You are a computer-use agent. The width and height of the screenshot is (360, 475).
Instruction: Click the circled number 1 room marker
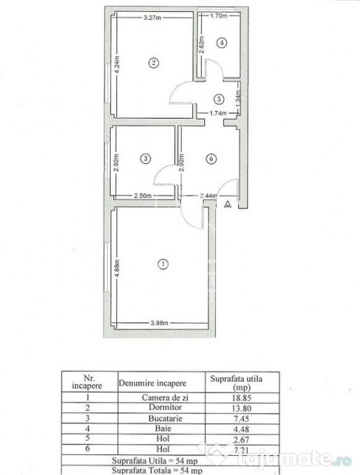click(163, 263)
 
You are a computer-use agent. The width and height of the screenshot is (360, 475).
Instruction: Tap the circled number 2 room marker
click(154, 63)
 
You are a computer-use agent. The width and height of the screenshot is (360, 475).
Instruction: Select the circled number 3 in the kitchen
click(145, 158)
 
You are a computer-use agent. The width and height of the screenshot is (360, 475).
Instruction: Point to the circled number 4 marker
click(222, 43)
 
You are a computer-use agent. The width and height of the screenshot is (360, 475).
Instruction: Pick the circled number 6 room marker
click(209, 158)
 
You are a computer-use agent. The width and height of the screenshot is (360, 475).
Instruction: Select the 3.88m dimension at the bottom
click(161, 323)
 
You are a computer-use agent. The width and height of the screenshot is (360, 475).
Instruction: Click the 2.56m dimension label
click(143, 195)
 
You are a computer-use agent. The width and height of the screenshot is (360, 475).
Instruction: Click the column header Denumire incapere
click(160, 382)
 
